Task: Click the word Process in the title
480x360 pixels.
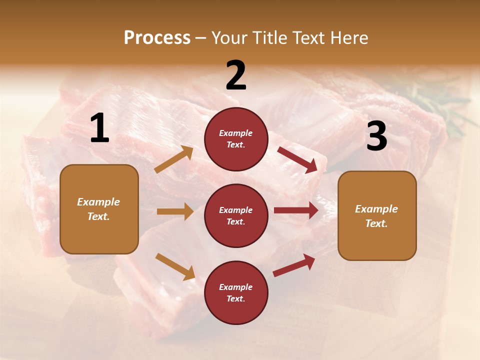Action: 157,38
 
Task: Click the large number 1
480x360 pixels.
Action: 99,128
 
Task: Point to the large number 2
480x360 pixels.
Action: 236,75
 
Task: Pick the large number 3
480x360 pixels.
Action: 376,136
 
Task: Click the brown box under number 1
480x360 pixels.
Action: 99,209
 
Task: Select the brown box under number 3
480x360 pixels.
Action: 377,215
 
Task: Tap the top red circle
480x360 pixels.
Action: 236,139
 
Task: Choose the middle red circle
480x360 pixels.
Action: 236,215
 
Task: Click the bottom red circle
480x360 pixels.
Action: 236,292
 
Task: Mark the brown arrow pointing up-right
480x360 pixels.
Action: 174,160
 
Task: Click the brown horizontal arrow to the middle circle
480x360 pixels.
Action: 175,211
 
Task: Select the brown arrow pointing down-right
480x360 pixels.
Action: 175,266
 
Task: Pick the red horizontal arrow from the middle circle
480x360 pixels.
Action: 296,210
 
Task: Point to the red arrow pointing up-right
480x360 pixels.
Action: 294,265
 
